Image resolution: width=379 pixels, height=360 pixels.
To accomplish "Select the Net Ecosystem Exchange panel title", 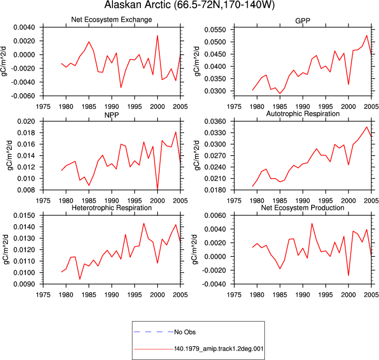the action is (x=111, y=19).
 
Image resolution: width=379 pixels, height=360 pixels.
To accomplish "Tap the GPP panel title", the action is (x=303, y=21).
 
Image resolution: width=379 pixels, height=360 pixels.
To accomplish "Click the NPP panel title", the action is (x=111, y=115).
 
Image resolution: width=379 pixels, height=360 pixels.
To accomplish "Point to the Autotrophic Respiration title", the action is (x=303, y=114).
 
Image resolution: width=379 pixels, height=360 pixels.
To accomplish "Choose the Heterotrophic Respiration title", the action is (x=111, y=208).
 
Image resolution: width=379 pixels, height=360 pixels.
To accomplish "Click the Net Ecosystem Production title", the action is (x=303, y=208).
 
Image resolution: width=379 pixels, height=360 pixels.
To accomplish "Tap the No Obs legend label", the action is (x=185, y=332).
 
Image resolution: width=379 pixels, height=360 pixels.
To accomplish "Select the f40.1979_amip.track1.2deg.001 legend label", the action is (x=219, y=348).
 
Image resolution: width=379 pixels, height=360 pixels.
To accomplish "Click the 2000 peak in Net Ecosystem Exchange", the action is (x=157, y=36).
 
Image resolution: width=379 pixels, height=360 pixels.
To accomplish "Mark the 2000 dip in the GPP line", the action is (x=349, y=84).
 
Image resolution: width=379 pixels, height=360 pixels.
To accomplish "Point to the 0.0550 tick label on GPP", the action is (x=215, y=30).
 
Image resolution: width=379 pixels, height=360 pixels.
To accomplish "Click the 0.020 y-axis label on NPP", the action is (x=26, y=121).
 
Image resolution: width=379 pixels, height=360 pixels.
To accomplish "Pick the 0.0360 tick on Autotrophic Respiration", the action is (x=215, y=121).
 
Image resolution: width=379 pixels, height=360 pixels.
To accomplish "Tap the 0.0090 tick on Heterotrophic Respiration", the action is (x=24, y=284).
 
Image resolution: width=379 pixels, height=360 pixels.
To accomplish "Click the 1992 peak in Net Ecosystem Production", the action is (x=312, y=224).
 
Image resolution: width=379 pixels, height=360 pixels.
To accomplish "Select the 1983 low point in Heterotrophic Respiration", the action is (x=80, y=279).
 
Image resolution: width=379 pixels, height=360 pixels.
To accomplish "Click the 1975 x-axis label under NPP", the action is (x=43, y=201).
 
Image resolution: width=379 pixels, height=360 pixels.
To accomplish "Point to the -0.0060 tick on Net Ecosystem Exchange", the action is (x=23, y=96).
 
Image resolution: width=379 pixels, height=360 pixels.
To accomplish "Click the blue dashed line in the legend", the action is (x=153, y=332).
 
